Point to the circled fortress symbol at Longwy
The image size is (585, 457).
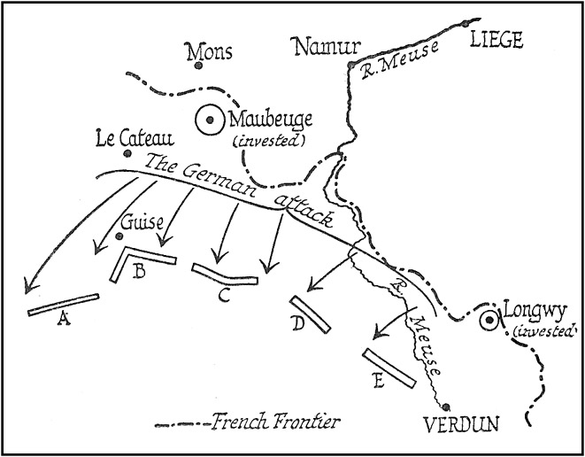pyautogui.click(x=488, y=321)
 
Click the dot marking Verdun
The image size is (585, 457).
pyautogui.click(x=435, y=407)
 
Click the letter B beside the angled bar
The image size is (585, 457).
pyautogui.click(x=138, y=270)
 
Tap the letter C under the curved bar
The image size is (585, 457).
pyautogui.click(x=224, y=295)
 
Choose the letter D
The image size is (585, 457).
pyautogui.click(x=298, y=324)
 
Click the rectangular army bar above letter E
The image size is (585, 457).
pyautogui.click(x=389, y=367)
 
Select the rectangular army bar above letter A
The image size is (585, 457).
pyautogui.click(x=63, y=304)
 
